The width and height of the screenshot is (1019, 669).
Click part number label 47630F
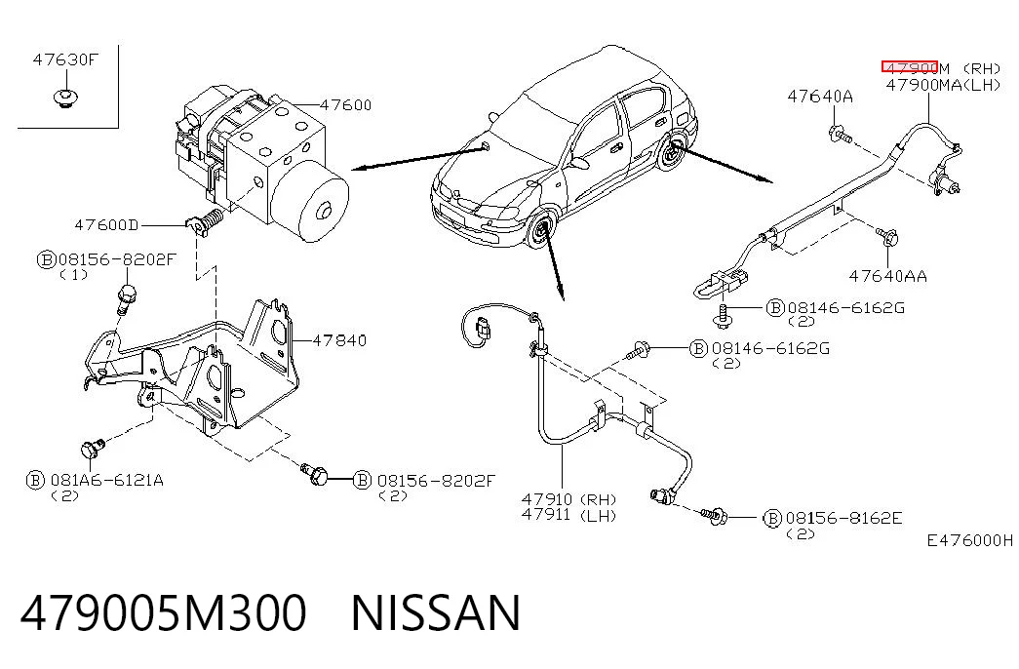[65, 59]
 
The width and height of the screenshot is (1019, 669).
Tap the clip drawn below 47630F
[65, 98]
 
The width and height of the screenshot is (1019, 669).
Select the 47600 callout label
[346, 104]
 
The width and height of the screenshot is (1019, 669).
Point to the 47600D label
[106, 225]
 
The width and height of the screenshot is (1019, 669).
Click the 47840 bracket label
[339, 340]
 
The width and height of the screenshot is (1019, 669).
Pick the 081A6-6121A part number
[107, 481]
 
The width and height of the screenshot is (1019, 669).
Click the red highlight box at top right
[909, 66]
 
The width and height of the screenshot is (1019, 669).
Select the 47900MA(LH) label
[944, 85]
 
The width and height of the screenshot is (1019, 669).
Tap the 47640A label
[820, 97]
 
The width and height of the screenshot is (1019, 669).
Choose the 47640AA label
[888, 276]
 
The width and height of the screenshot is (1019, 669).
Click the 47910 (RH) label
[568, 499]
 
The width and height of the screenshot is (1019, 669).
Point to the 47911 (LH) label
[568, 515]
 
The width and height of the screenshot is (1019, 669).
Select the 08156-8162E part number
[844, 518]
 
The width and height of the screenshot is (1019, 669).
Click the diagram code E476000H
[970, 540]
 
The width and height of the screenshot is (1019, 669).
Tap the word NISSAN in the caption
[436, 612]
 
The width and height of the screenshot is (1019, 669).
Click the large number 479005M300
[163, 612]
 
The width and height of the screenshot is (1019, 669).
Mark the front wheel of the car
[540, 231]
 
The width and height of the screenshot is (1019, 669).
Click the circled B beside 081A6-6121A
[35, 481]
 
